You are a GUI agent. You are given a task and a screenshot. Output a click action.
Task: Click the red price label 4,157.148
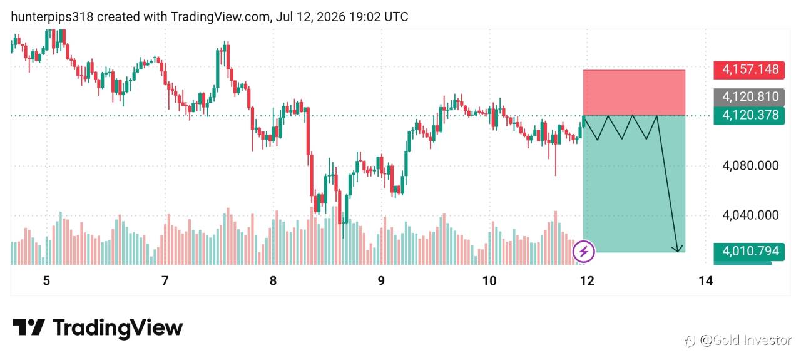click(749, 69)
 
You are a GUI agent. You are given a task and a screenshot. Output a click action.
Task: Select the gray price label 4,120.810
click(749, 97)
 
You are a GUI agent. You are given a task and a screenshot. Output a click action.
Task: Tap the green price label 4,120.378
click(749, 116)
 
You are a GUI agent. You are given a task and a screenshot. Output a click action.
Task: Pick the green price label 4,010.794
click(749, 252)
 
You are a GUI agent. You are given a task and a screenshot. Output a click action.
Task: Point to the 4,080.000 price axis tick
click(750, 166)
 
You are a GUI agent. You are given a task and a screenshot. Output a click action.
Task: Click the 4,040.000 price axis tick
click(750, 215)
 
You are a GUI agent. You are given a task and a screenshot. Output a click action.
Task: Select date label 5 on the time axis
click(46, 281)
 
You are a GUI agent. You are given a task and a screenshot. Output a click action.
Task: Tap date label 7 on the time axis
click(165, 281)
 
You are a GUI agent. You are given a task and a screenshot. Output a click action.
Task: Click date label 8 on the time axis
click(273, 281)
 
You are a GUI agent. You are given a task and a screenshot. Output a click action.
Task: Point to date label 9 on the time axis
click(381, 281)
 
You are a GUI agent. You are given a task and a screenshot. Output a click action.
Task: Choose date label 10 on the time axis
click(489, 281)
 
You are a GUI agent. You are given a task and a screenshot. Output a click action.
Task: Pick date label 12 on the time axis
click(587, 281)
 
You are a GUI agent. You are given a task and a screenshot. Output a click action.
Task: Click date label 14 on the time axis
click(705, 281)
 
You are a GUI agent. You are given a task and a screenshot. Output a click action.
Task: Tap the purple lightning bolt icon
click(584, 252)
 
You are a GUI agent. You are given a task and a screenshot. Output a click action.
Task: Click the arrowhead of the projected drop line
click(677, 249)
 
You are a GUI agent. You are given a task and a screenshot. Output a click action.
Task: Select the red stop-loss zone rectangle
click(634, 93)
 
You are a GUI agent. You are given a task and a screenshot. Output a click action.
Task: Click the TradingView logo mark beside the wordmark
click(29, 327)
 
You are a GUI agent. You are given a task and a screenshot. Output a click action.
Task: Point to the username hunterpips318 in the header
click(52, 17)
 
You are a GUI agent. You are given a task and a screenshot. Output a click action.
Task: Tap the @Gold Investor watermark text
click(745, 340)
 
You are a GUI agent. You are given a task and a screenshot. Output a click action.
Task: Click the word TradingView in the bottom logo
click(118, 328)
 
